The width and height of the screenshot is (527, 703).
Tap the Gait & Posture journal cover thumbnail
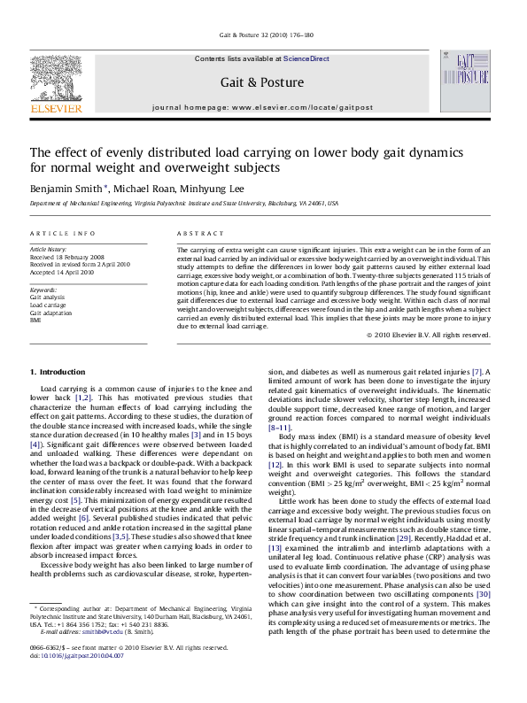(464, 81)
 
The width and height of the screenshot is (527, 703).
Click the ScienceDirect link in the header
(306, 58)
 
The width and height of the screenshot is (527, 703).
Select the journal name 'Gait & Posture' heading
(262, 82)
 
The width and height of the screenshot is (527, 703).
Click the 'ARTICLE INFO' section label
(63, 234)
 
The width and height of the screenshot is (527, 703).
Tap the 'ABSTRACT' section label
(200, 234)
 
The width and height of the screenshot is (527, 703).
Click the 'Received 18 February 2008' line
(73, 257)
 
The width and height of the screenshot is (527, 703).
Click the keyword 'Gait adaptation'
(51, 312)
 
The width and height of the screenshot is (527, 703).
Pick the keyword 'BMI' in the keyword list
(35, 320)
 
